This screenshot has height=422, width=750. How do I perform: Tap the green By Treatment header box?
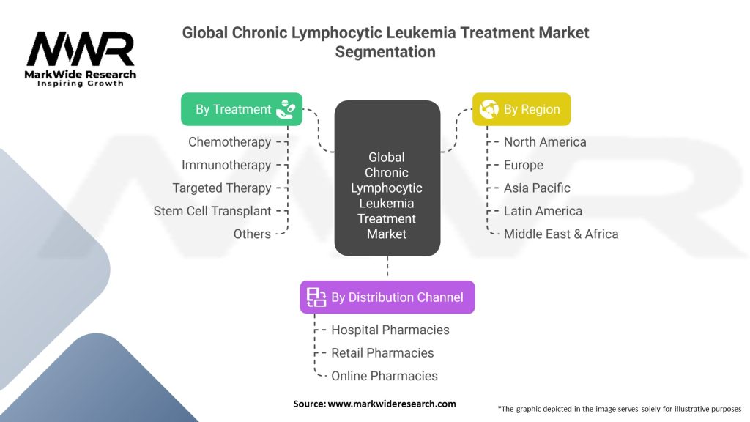[242, 109]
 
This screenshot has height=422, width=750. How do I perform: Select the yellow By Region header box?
[521, 109]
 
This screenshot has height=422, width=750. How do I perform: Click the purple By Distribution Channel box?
[387, 297]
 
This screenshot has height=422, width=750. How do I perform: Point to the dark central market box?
[387, 188]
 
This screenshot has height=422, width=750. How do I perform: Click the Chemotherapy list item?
[229, 141]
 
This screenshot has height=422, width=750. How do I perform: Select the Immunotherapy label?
[226, 165]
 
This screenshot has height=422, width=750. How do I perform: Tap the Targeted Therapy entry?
[222, 188]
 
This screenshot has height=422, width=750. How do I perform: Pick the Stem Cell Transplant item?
[212, 211]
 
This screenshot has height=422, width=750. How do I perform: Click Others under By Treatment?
[252, 234]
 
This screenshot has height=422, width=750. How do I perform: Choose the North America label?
[545, 141]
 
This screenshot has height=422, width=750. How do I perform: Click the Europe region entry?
[524, 165]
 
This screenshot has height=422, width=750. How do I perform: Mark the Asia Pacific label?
[537, 188]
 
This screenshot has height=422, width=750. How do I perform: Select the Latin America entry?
[543, 211]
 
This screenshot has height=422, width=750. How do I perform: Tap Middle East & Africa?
[561, 234]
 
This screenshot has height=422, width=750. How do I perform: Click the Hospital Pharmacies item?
[390, 330]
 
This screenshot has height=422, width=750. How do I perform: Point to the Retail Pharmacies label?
[382, 352]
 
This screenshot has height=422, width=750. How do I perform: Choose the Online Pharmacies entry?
[385, 376]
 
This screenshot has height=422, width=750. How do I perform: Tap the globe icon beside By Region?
[489, 109]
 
